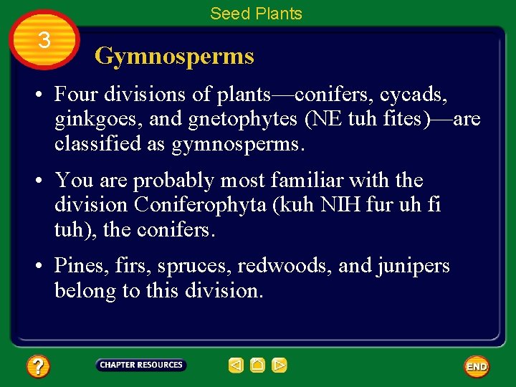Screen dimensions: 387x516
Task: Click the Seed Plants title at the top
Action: pyautogui.click(x=256, y=14)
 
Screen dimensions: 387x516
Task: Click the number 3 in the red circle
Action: pyautogui.click(x=44, y=40)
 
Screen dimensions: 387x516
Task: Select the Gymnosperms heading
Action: pyautogui.click(x=174, y=56)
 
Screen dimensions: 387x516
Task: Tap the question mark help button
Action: pyautogui.click(x=37, y=367)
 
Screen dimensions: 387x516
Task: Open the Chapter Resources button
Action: pyautogui.click(x=141, y=365)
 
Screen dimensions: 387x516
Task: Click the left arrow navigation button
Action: pyautogui.click(x=236, y=365)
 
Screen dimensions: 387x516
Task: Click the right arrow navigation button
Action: pyautogui.click(x=279, y=365)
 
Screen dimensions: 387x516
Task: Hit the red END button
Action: pyautogui.click(x=477, y=367)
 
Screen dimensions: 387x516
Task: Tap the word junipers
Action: pyautogui.click(x=413, y=267)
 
